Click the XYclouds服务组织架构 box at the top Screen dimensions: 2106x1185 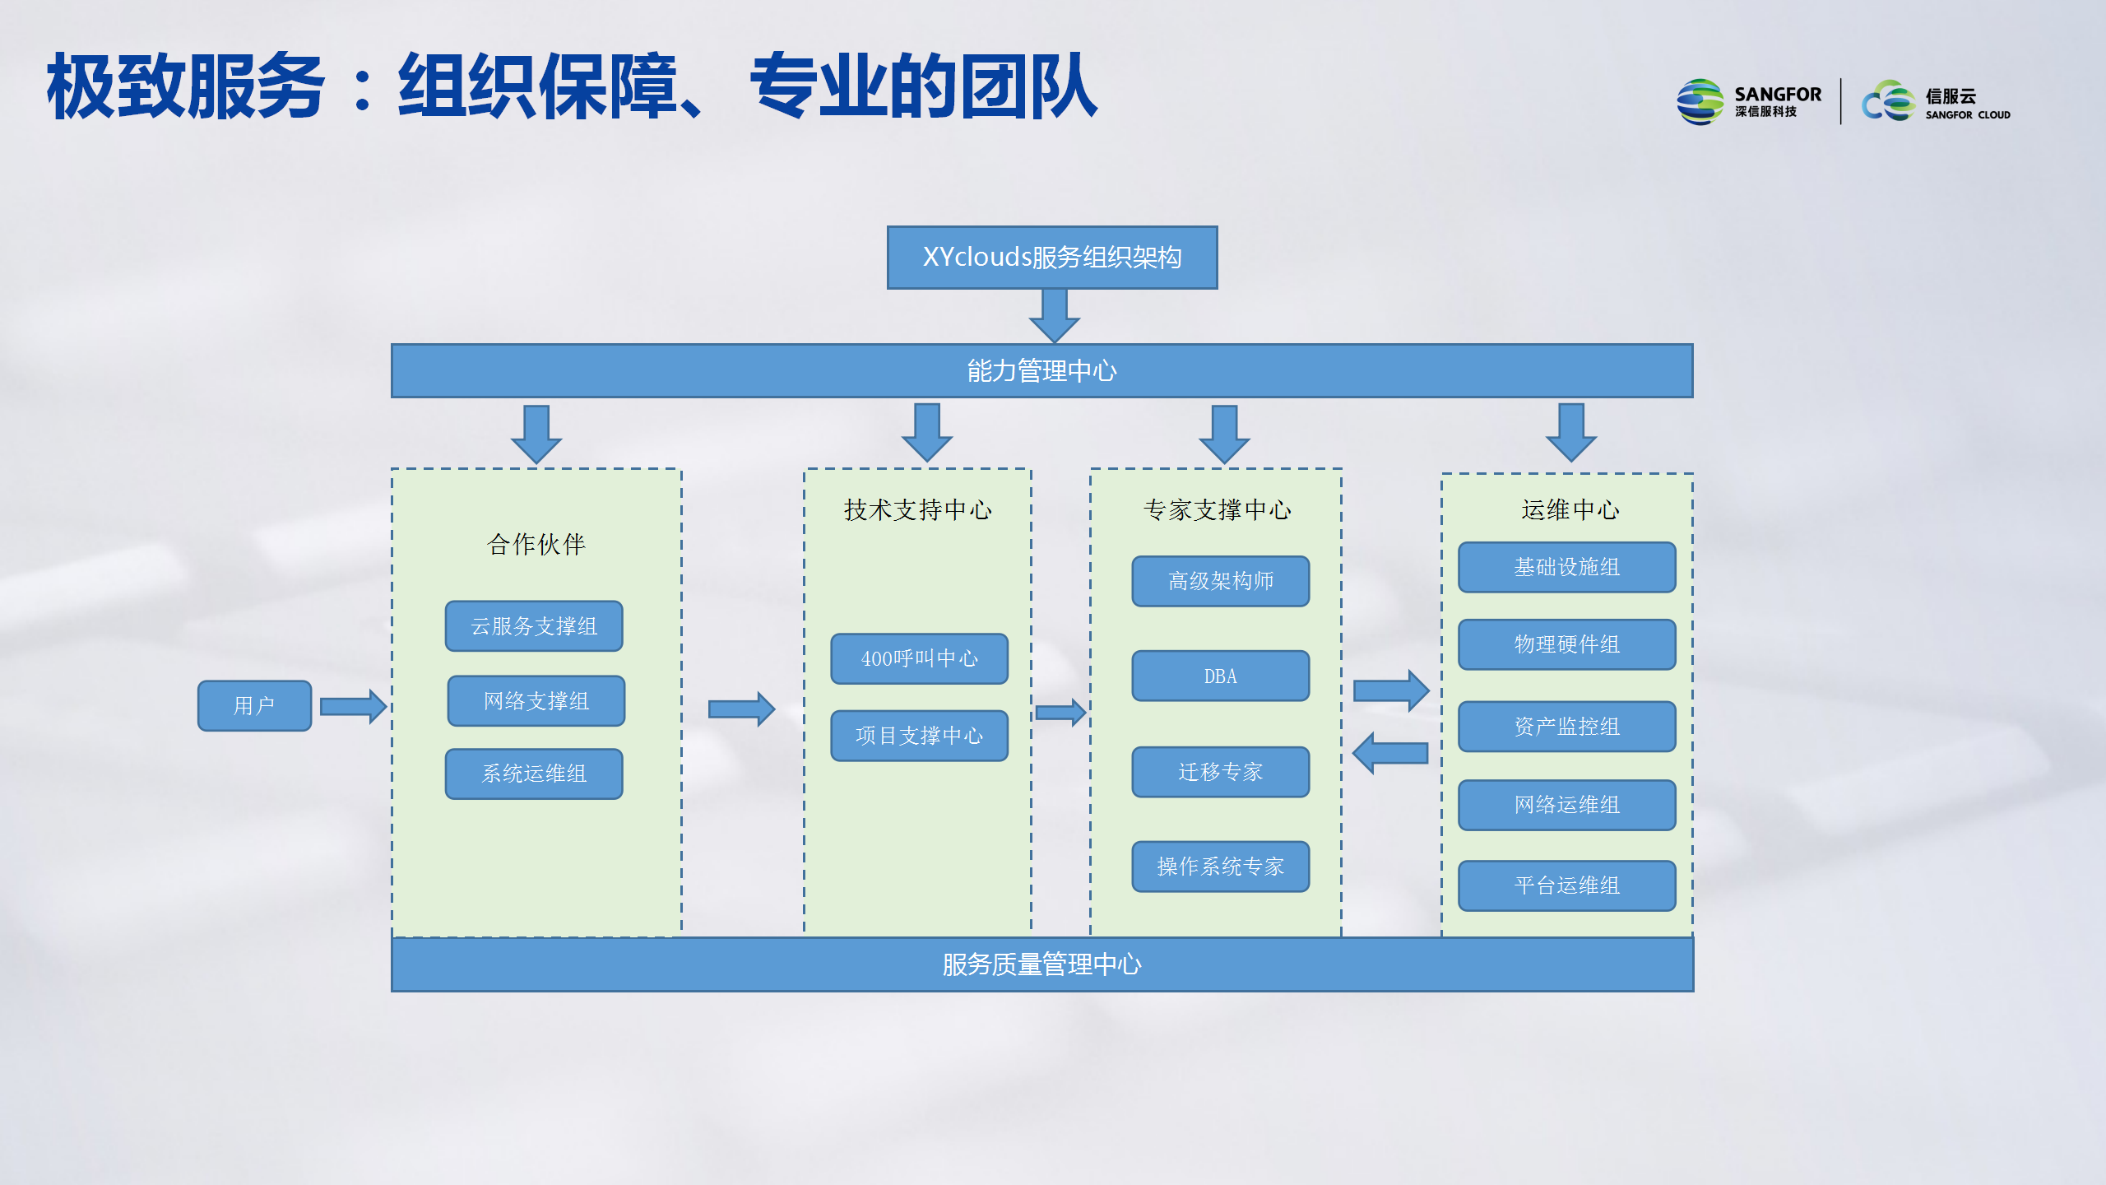point(1052,258)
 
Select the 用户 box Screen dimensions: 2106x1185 point(254,705)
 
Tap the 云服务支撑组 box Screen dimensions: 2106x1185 point(534,626)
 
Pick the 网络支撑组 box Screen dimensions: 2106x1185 point(536,701)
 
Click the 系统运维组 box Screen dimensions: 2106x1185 point(534,774)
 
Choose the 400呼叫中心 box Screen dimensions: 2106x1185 point(919,658)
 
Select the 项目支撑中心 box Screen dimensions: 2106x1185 point(919,736)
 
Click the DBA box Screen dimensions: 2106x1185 point(1221,676)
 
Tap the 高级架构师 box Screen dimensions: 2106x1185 point(1221,581)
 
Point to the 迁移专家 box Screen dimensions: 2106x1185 point(1221,772)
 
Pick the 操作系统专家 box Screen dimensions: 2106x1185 point(1221,867)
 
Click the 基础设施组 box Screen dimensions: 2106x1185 point(1567,567)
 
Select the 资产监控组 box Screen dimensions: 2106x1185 point(1567,727)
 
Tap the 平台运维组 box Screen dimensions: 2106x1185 point(1567,885)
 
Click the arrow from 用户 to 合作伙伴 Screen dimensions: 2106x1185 point(353,706)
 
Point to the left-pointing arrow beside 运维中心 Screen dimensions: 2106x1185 point(1390,753)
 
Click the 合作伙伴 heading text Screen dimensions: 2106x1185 point(536,544)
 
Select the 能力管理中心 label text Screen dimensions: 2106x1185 point(1041,371)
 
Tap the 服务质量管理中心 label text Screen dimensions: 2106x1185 point(1041,964)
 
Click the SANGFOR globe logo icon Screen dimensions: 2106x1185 point(1700,102)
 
